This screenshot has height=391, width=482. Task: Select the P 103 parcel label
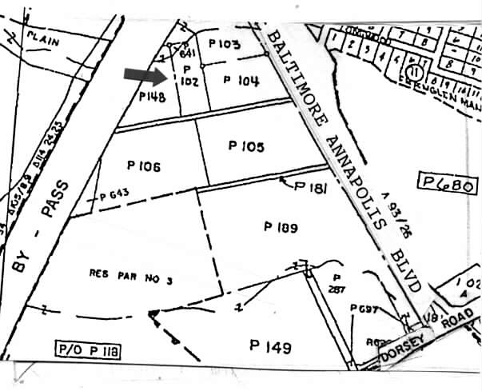pos(224,42)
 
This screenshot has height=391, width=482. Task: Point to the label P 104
pos(241,79)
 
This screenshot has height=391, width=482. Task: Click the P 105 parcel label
pos(245,146)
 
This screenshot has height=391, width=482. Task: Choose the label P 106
pos(144,166)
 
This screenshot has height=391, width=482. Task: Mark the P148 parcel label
pos(151,97)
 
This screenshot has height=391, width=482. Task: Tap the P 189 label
pos(280,227)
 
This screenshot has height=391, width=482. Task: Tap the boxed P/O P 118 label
pos(86,349)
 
